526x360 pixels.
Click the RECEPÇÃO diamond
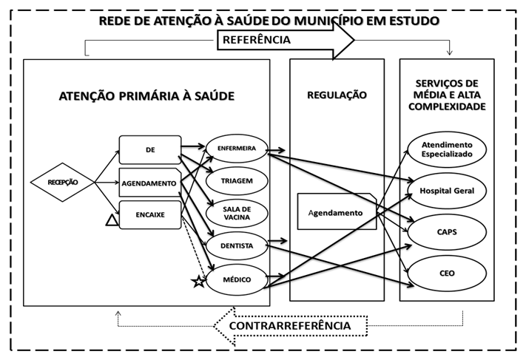(64, 181)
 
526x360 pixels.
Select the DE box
(150, 149)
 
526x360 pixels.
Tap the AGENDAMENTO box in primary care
(149, 183)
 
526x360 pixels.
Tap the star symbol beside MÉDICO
(198, 282)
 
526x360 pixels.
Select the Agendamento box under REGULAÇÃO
(335, 213)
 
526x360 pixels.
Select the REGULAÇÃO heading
(337, 95)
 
